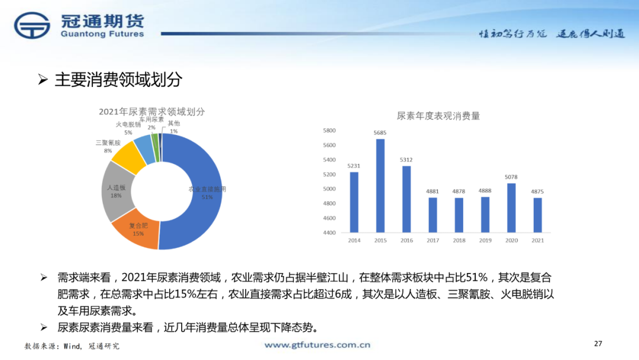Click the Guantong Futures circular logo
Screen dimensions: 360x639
click(33, 27)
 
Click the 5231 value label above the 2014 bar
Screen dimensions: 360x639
click(354, 166)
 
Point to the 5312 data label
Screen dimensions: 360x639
click(406, 160)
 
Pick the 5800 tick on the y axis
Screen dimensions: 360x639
click(329, 130)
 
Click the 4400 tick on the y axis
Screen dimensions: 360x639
click(329, 233)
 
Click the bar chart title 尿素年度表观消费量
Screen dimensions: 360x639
click(438, 116)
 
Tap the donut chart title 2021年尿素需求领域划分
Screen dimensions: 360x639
click(151, 111)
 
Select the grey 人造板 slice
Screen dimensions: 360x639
click(116, 191)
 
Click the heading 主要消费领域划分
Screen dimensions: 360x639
click(118, 80)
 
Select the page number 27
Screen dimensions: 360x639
click(598, 343)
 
